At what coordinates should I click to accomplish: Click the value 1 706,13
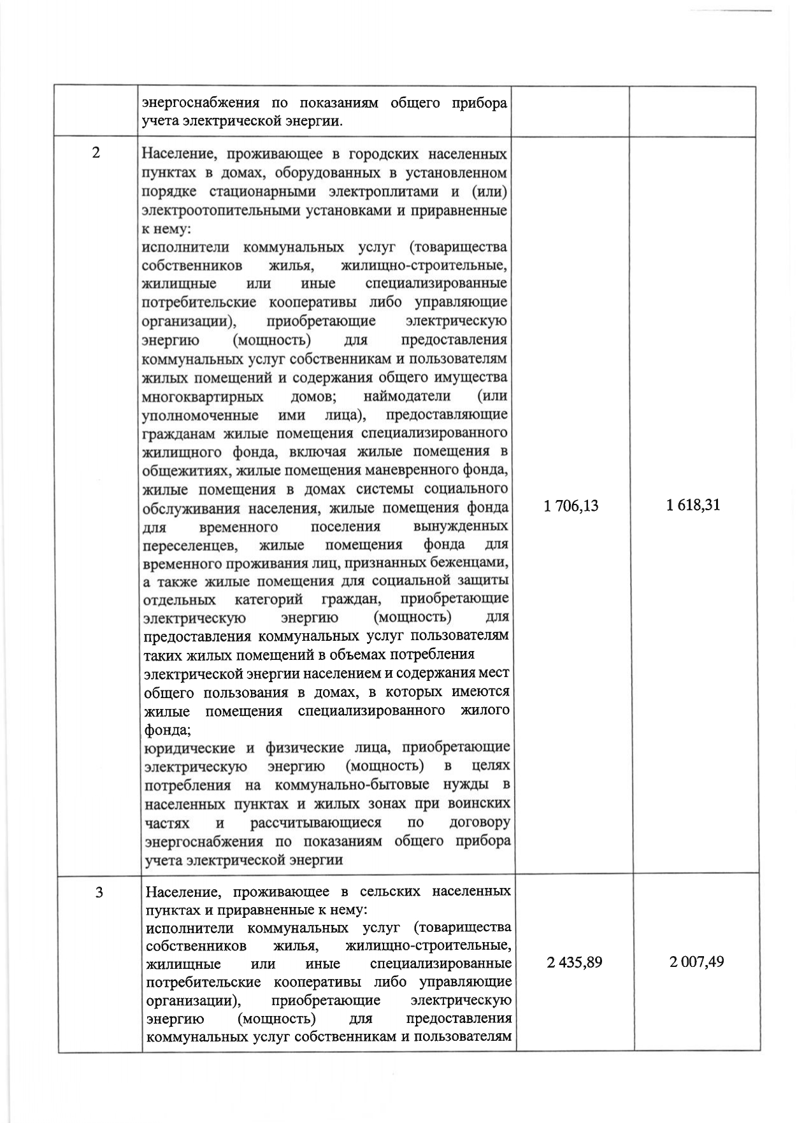click(571, 506)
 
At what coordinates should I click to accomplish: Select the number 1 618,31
click(693, 506)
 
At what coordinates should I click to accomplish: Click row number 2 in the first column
click(96, 154)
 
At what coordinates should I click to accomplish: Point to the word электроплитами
click(369, 192)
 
